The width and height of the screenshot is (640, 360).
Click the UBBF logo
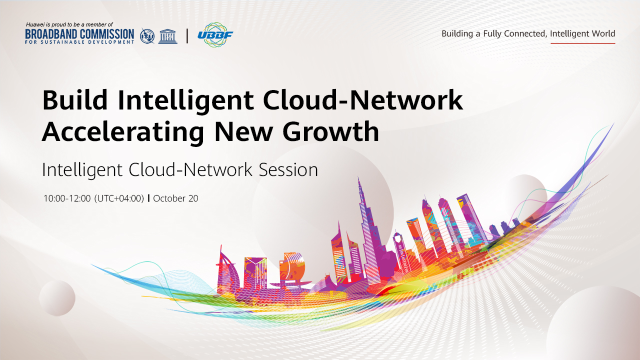[215, 34]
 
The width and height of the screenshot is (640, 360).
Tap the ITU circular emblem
[147, 36]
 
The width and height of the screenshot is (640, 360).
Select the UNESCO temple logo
[167, 36]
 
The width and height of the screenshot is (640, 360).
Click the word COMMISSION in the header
[106, 34]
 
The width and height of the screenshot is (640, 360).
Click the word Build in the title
[75, 99]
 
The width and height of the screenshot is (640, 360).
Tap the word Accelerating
[123, 132]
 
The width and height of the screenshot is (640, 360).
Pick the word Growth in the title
[330, 131]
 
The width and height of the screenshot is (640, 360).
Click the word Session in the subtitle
[288, 169]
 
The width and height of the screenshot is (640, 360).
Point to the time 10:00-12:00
[67, 198]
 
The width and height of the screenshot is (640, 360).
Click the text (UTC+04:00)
[119, 198]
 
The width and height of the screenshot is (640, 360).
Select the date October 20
[175, 198]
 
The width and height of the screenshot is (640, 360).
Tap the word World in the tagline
[603, 33]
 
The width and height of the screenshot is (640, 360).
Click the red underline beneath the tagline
[583, 43]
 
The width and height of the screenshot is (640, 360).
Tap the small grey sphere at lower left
[57, 298]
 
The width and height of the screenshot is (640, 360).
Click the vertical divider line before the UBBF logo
[187, 36]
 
